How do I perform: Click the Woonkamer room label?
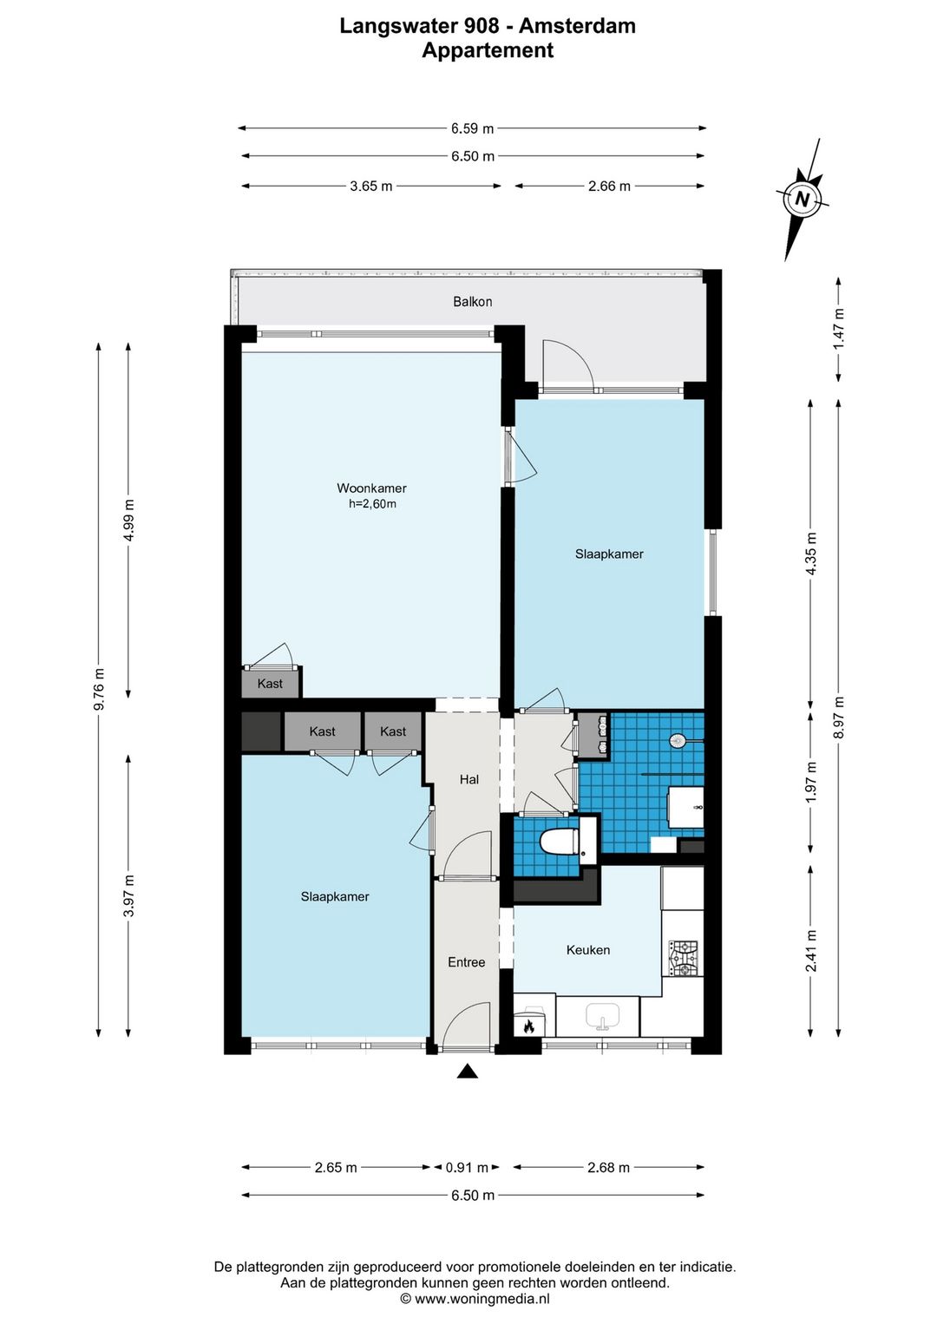tap(371, 488)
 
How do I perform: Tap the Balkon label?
tap(472, 301)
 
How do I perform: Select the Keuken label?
tap(587, 950)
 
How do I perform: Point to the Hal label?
tap(468, 780)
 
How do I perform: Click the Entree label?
tap(467, 962)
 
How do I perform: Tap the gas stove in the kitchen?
tap(683, 958)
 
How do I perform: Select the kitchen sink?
tap(602, 1016)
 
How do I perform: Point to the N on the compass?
tap(802, 199)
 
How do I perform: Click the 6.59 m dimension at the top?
tap(472, 128)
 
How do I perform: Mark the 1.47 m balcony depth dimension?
tap(838, 329)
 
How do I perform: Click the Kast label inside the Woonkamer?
tap(270, 684)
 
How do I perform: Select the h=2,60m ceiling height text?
tap(372, 504)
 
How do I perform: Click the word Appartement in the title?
tap(488, 50)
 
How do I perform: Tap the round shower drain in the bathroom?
tap(677, 740)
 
